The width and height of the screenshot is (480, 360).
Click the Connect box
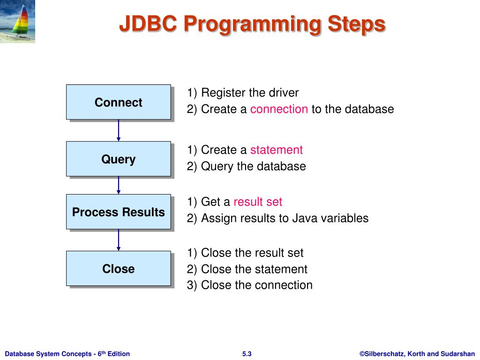(118, 102)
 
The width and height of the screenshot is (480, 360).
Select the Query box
(118, 159)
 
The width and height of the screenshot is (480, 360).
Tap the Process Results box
(118, 212)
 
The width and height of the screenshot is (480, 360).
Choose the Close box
(118, 269)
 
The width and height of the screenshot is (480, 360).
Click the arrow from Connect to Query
(119, 130)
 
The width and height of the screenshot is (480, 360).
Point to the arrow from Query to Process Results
(119, 185)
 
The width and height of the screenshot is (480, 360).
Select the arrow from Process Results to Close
(119, 240)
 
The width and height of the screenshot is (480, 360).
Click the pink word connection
(279, 109)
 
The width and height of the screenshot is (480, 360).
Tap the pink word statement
(276, 150)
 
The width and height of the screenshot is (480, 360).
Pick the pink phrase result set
(258, 202)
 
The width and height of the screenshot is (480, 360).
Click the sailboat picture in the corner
(17, 21)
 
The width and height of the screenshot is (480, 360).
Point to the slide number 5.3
(247, 354)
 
